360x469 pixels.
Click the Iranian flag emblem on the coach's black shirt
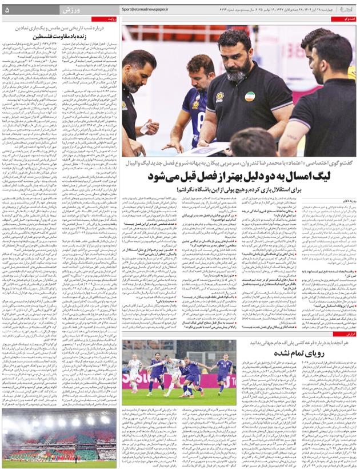click(x=249, y=96)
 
